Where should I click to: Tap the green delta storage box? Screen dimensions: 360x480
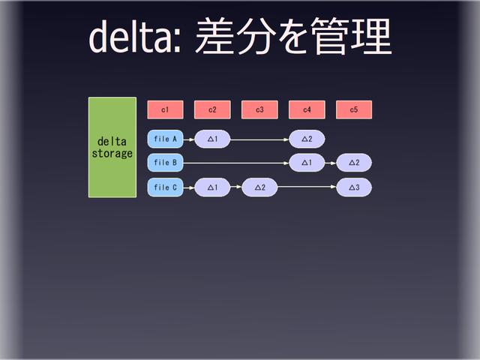[x=112, y=147]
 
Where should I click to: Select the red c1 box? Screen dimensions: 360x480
[x=164, y=109]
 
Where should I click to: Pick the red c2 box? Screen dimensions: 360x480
[x=212, y=109]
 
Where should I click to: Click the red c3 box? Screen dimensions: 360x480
[x=259, y=109]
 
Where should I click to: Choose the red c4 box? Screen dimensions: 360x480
[x=307, y=109]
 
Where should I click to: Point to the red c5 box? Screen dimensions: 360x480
[x=354, y=109]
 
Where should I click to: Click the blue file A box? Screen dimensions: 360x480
[x=165, y=139]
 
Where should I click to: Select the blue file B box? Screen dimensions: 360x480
[x=165, y=163]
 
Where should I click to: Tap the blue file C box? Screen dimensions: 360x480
[x=165, y=187]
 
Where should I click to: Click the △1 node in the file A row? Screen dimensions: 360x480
[x=212, y=139]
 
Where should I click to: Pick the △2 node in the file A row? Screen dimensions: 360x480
[x=307, y=139]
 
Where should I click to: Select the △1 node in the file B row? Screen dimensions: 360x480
[x=307, y=163]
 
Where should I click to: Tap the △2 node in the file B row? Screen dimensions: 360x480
[x=354, y=163]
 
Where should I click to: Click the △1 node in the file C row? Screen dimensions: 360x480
[x=212, y=187]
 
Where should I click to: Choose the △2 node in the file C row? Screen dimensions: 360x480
[x=259, y=187]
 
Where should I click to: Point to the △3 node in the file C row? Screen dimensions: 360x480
[x=354, y=187]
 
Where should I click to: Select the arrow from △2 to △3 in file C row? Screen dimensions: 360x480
[x=307, y=187]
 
